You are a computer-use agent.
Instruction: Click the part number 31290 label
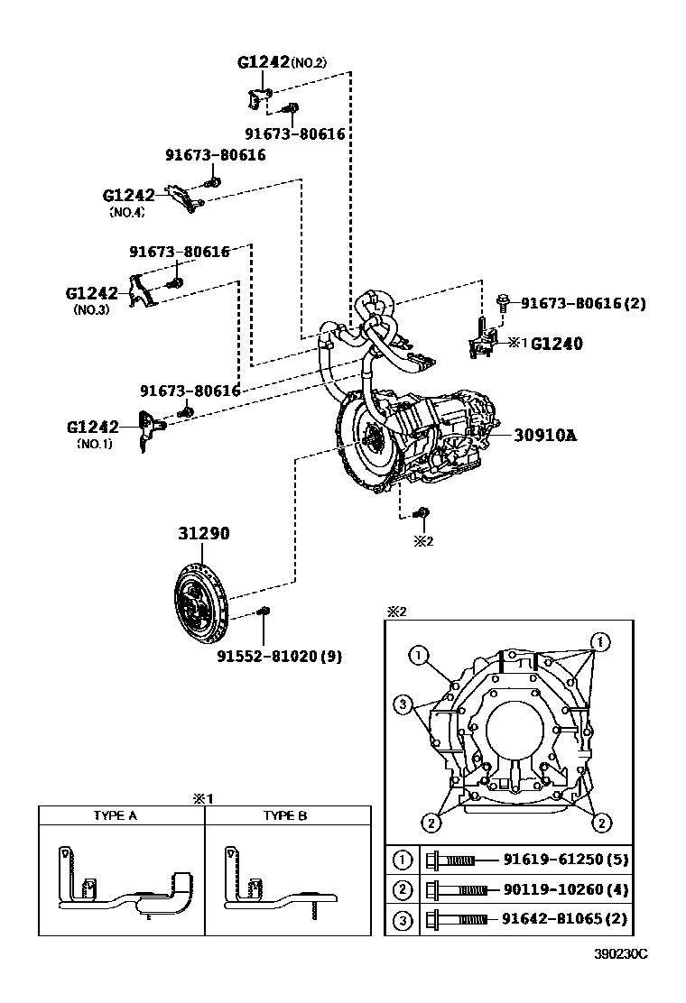tap(203, 534)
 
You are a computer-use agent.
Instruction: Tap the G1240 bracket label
tap(556, 344)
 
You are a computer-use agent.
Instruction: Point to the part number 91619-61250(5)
tap(565, 860)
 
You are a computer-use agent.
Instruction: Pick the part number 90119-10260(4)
tap(565, 890)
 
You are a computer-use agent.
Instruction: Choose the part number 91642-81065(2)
tap(565, 920)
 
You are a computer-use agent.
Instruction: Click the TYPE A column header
tap(116, 815)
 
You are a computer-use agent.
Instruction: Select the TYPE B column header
tap(285, 815)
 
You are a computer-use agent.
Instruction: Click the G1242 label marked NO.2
tap(263, 62)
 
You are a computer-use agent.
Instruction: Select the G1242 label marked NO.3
tap(92, 293)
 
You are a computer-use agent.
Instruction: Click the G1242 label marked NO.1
tap(93, 426)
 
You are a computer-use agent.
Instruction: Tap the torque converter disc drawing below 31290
tap(200, 597)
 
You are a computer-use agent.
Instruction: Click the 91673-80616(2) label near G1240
tap(583, 304)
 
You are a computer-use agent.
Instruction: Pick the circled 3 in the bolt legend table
tap(403, 920)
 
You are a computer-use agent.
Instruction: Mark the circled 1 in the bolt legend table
tap(403, 860)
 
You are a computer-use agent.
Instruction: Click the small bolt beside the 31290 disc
tap(263, 613)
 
